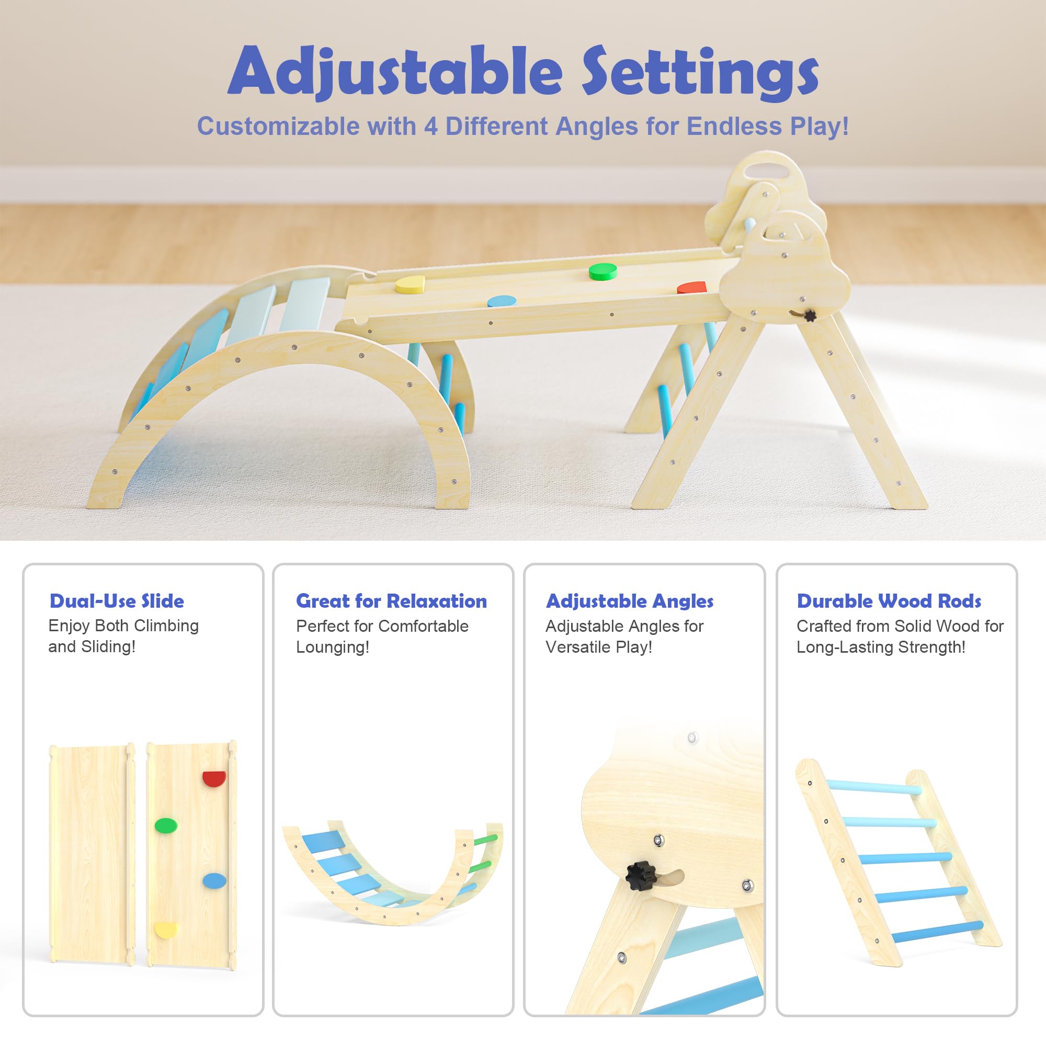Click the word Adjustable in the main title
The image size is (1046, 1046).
395,71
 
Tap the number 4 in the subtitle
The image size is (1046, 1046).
430,126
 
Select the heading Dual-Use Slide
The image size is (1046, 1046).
117,601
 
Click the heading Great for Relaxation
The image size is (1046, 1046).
391,601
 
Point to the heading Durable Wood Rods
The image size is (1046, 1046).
889,601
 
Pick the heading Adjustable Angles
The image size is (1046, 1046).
630,601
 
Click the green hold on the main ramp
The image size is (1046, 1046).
602,271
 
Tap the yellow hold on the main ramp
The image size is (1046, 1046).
410,285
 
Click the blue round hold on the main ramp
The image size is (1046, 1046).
502,301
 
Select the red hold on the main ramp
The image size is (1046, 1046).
691,288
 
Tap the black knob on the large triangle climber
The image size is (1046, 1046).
810,315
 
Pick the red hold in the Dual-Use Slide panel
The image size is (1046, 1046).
214,779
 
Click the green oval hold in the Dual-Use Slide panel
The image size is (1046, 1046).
166,825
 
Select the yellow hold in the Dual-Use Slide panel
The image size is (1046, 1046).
166,930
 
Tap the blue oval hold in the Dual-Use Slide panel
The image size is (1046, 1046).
214,881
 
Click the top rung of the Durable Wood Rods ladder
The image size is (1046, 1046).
874,786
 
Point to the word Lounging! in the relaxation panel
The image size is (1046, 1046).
333,647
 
